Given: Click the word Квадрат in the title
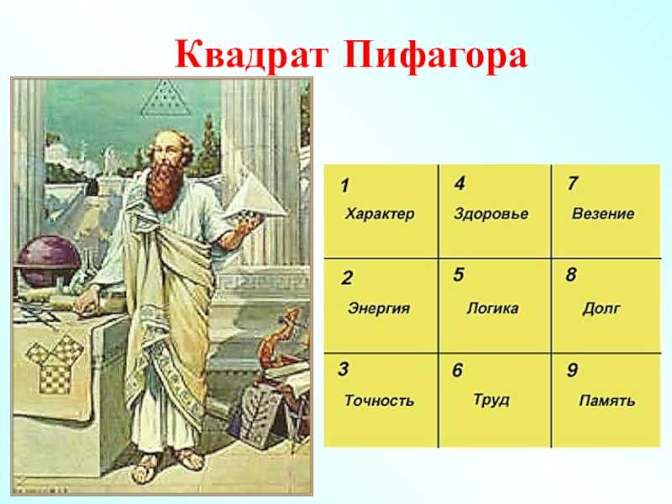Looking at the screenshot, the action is pos(251,55).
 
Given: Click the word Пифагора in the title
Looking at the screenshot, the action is pos(435,55).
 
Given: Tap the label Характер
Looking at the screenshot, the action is pos(380,213).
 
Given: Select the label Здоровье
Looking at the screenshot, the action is pos(491,213).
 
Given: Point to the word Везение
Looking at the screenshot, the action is pos(603,213).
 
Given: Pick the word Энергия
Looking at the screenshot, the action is pos(379,308).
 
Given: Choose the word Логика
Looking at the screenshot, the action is pos(492,307).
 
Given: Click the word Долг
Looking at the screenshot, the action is pos(601,308).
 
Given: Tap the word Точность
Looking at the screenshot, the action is pos(380,401).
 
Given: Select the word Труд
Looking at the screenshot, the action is pos(491,400).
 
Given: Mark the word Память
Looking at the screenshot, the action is pos(606,401).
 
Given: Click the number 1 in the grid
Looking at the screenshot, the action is pos(345,186).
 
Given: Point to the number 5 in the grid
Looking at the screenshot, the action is pos(459,275).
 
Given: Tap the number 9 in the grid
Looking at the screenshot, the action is pos(572,370).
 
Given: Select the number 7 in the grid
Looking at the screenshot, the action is pos(573,183).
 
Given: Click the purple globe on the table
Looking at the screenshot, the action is pos(49,261).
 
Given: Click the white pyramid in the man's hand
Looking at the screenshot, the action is pos(255,197).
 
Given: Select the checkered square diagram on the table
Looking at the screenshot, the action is pos(55,364).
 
